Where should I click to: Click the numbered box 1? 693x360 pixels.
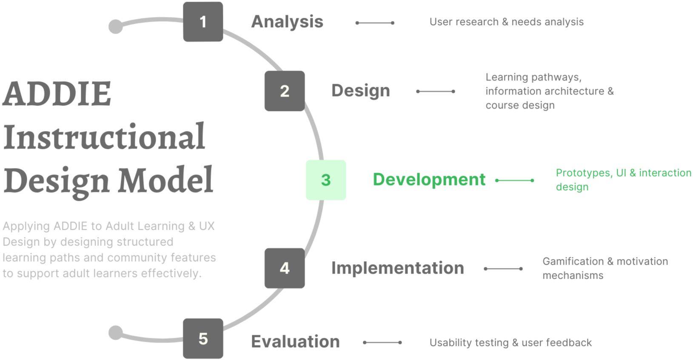coord(203,22)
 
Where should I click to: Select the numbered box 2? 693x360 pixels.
coord(284,91)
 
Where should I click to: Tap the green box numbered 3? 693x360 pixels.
coord(326,180)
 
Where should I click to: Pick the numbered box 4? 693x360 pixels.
coord(284,268)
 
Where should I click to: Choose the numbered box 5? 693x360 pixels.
coord(203,339)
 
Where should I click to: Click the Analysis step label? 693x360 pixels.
coord(287,22)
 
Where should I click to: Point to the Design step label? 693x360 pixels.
coord(360,91)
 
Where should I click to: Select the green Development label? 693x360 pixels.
coord(429,180)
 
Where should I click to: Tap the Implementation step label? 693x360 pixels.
coord(397,268)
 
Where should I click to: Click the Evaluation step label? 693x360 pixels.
coord(295,342)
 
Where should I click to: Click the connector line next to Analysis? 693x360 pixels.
coord(375,23)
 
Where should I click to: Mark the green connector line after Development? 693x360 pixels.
coord(514,180)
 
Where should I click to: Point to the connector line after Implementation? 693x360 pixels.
coord(503,269)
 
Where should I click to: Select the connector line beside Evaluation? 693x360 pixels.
coord(382,343)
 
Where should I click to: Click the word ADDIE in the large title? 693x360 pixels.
coord(57,94)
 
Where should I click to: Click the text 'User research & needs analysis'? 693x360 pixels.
coord(506,22)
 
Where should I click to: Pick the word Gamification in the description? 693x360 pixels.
coord(573,261)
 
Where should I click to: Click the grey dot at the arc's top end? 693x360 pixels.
coord(115,26)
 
